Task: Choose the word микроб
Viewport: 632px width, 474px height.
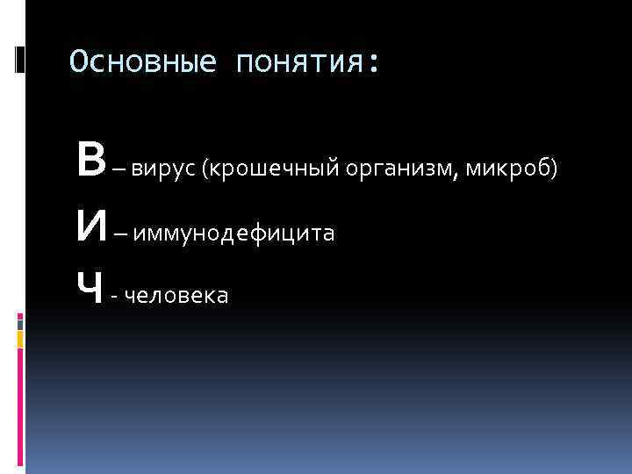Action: click(508, 168)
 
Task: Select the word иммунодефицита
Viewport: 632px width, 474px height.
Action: click(234, 233)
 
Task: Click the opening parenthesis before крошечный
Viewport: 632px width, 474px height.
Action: click(205, 169)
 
